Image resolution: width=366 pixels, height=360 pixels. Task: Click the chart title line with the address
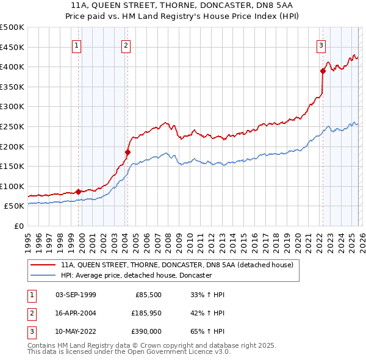point(182,5)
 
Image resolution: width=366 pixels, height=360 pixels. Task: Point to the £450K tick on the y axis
point(12,47)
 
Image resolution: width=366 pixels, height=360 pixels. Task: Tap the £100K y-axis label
point(12,187)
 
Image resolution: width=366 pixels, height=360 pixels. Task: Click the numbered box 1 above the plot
point(77,45)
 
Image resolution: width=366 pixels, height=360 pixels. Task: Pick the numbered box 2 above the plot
point(126,45)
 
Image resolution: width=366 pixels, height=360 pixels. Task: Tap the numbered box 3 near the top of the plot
point(321,45)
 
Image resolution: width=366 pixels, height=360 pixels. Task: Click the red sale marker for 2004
point(128,152)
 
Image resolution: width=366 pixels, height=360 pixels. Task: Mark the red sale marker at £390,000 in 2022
point(323,70)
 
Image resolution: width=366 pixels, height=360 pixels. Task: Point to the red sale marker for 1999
point(78,192)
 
